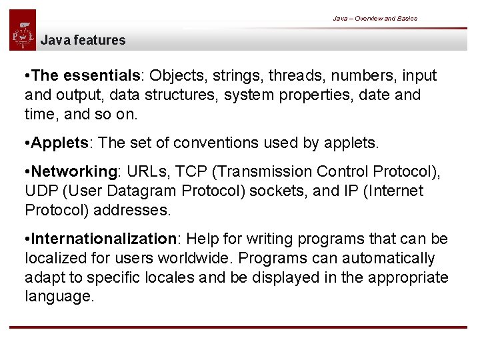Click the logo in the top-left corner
[23, 31]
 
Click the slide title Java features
[83, 40]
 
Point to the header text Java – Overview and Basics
[375, 19]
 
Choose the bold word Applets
[59, 143]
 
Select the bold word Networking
[74, 172]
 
